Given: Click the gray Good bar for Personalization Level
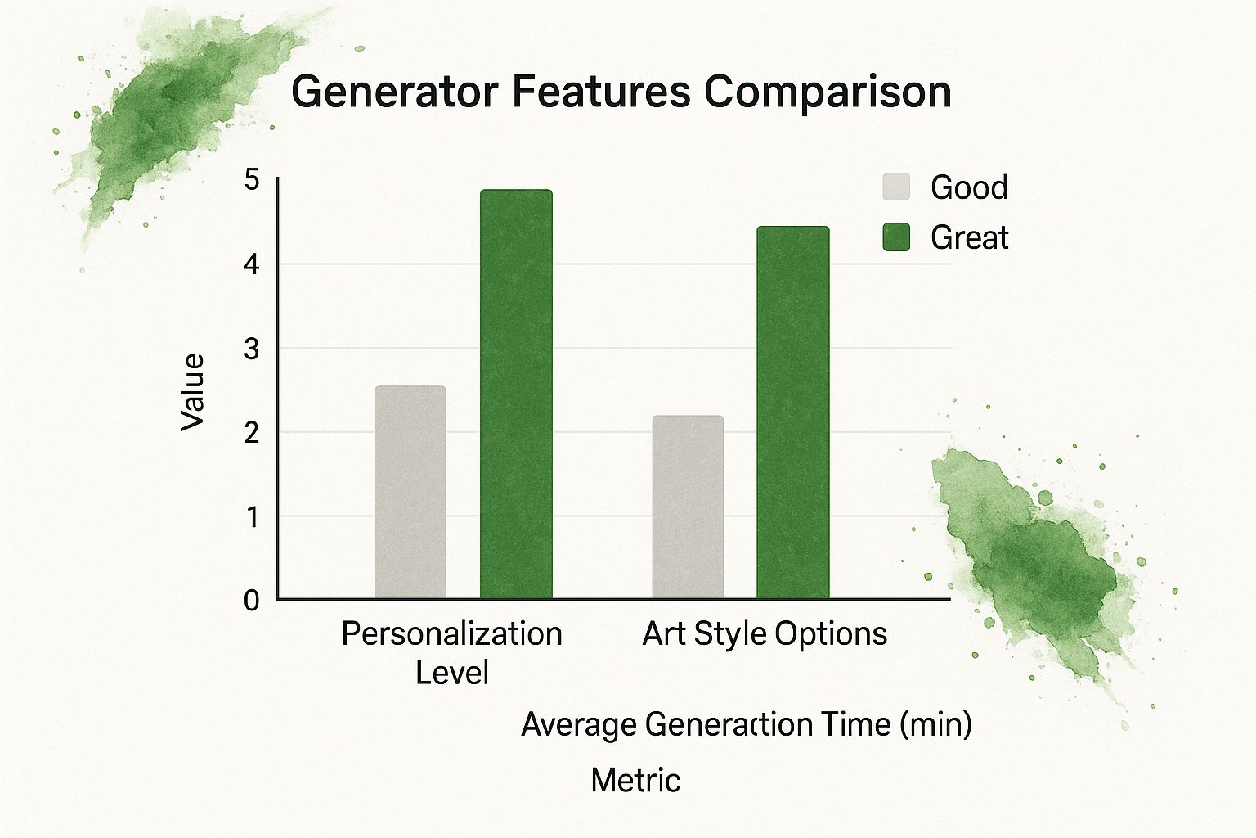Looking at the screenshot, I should pyautogui.click(x=410, y=492).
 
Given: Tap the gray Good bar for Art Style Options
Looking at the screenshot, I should pyautogui.click(x=688, y=507).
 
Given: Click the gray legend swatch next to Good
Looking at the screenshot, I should pyautogui.click(x=896, y=187).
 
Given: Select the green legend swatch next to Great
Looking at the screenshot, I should pyautogui.click(x=896, y=237).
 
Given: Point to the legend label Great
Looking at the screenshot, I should pyautogui.click(x=969, y=237).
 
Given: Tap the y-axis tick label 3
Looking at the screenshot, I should pyautogui.click(x=252, y=349).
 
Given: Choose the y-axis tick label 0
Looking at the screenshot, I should pyautogui.click(x=252, y=601).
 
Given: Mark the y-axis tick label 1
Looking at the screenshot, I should pyautogui.click(x=252, y=517).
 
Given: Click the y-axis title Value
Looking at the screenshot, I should pyautogui.click(x=193, y=392).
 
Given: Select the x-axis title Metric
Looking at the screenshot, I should pyautogui.click(x=635, y=780).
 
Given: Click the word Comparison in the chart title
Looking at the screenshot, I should pyautogui.click(x=828, y=91).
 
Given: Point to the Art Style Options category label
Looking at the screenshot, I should pyautogui.click(x=765, y=634).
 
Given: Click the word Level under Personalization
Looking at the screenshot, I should pyautogui.click(x=451, y=673).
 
